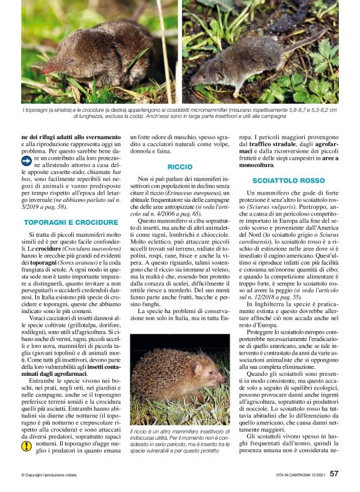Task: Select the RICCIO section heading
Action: coord(180,167)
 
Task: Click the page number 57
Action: coord(334,473)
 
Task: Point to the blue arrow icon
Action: coord(26,160)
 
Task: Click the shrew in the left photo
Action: coord(99,59)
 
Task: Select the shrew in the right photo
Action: coord(248,62)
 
